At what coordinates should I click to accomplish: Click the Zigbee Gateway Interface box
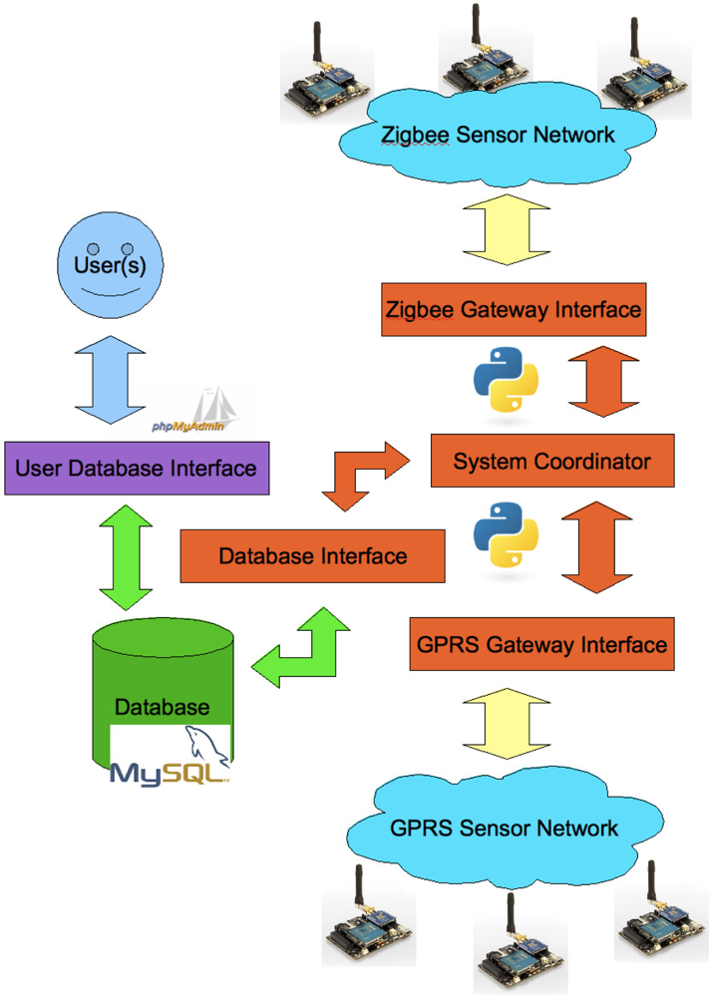pos(514,310)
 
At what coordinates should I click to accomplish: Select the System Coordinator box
pos(552,461)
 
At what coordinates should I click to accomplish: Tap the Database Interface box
pos(312,556)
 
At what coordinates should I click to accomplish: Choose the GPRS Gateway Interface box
pos(541,644)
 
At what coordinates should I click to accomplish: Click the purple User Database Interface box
pos(137,469)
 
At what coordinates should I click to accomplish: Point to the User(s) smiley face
pos(110,264)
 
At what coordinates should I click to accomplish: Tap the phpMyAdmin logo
pos(196,411)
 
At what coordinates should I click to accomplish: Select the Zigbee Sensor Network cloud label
pos(499,135)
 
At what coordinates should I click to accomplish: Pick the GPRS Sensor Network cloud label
pos(504,828)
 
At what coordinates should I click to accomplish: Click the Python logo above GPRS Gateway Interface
pos(506,534)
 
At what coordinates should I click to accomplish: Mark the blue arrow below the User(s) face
pos(110,380)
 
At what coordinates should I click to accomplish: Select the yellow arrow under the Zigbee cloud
pos(507,229)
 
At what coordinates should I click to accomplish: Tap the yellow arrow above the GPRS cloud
pos(507,723)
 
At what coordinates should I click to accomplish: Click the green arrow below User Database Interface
pos(126,557)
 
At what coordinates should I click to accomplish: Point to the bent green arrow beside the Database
pos(300,647)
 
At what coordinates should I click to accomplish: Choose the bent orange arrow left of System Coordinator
pos(366,477)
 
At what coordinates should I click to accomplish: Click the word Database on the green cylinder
pos(163,707)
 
